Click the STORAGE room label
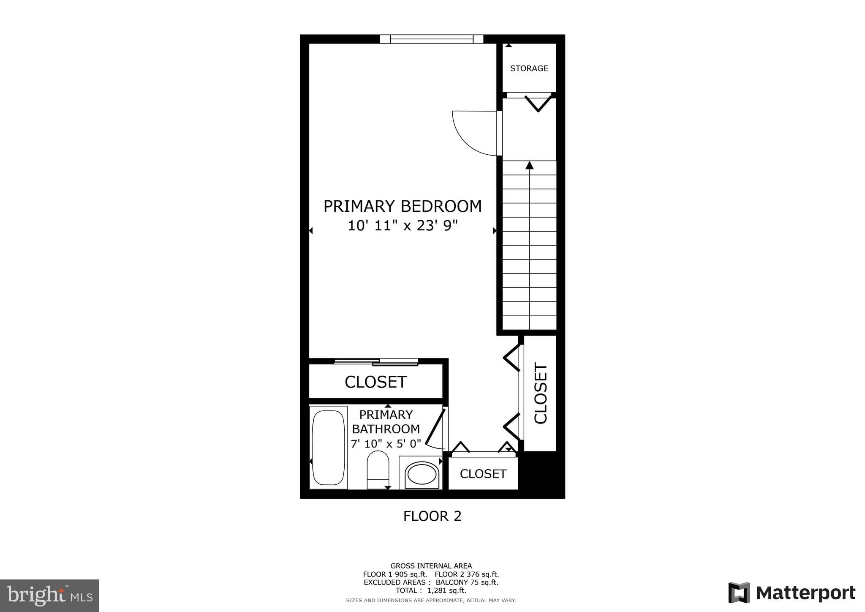[x=529, y=68]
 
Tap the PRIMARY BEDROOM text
[x=403, y=206]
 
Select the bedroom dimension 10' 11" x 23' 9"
[x=403, y=226]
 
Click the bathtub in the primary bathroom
[x=328, y=447]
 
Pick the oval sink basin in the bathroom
[x=422, y=474]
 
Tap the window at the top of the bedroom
[x=431, y=39]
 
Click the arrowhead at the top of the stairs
[x=529, y=165]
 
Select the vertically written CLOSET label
[x=541, y=393]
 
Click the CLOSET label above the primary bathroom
[x=375, y=382]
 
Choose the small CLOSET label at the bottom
[x=483, y=474]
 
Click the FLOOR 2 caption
[x=432, y=516]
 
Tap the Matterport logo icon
[x=739, y=593]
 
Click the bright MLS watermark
[x=49, y=596]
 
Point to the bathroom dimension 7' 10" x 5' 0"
[x=386, y=444]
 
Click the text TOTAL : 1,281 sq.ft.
[x=431, y=590]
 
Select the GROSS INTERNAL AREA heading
[x=431, y=566]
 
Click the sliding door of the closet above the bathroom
[x=376, y=361]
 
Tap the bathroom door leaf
[x=435, y=427]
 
